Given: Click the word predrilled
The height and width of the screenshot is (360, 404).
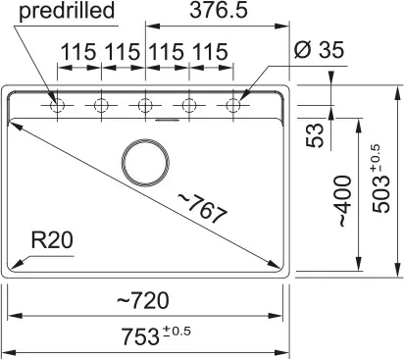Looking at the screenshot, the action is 67,11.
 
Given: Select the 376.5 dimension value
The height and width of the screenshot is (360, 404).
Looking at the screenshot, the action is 219,10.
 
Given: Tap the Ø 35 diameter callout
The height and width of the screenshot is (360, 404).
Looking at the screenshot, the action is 319,50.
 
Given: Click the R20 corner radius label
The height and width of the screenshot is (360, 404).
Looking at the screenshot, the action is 52,240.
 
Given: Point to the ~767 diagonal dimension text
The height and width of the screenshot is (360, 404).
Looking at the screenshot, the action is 202,208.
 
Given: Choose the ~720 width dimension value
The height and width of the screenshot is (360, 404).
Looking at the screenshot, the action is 143,300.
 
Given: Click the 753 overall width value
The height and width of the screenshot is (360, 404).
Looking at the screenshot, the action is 140,336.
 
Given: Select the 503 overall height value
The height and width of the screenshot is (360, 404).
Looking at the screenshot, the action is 381,194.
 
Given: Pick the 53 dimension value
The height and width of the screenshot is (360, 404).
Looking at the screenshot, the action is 315,135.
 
